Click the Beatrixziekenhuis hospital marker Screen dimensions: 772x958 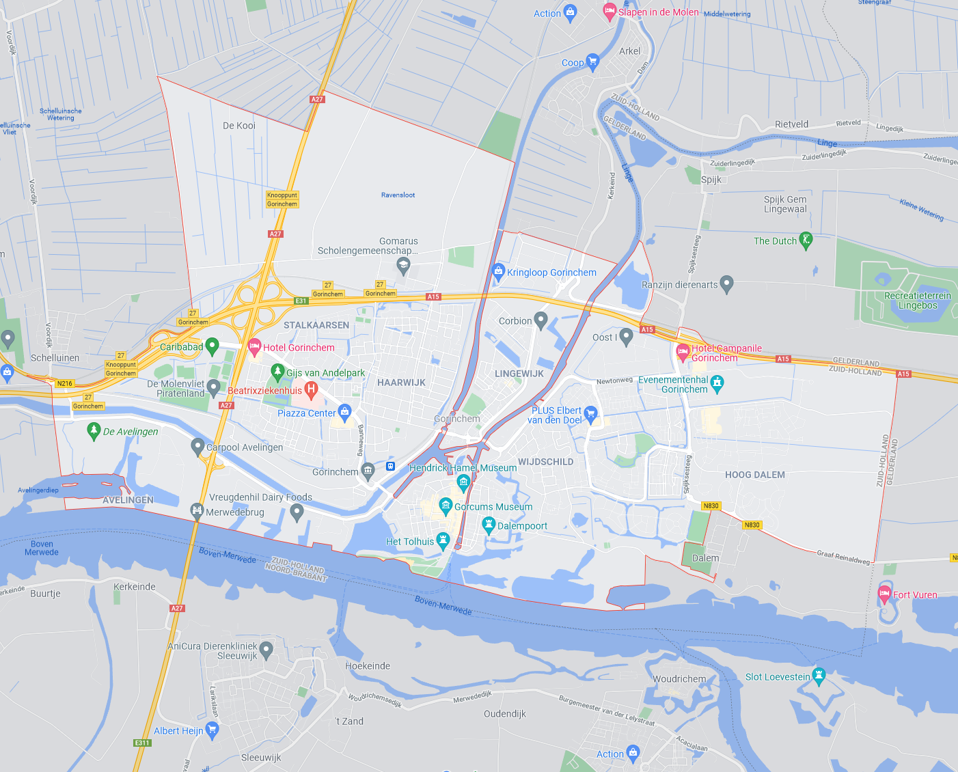click(x=311, y=390)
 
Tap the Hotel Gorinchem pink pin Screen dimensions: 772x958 click(x=254, y=347)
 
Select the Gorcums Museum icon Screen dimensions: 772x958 click(x=446, y=506)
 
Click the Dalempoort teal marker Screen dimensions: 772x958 click(x=489, y=525)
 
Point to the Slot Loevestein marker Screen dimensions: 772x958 click(x=819, y=676)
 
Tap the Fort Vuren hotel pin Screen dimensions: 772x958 click(x=885, y=594)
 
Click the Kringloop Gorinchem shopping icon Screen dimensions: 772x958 click(x=499, y=271)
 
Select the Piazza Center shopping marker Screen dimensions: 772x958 click(x=345, y=412)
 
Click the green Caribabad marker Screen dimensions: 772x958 click(x=212, y=346)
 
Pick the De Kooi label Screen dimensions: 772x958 click(x=239, y=126)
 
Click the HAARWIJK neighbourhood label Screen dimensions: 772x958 click(x=402, y=383)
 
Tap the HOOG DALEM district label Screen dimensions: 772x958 click(x=755, y=475)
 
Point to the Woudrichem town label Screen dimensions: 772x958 click(x=679, y=679)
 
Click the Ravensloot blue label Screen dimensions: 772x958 click(x=398, y=195)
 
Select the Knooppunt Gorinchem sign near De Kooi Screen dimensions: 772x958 click(x=282, y=199)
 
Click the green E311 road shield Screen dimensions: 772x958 click(x=142, y=743)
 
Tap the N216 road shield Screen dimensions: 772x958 click(x=65, y=383)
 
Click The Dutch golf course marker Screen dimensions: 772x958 click(x=806, y=240)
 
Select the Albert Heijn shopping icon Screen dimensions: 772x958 click(x=212, y=730)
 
